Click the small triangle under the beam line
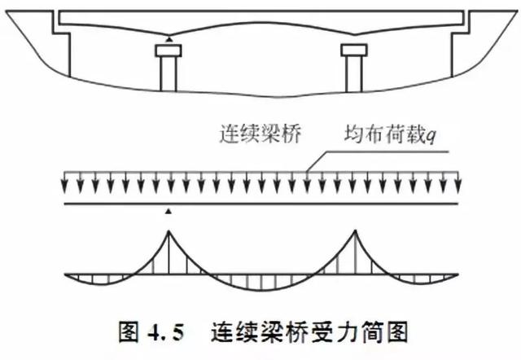pyautogui.click(x=169, y=211)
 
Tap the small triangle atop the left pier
pyautogui.click(x=169, y=39)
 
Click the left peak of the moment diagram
pyautogui.click(x=169, y=232)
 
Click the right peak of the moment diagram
pyautogui.click(x=356, y=232)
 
